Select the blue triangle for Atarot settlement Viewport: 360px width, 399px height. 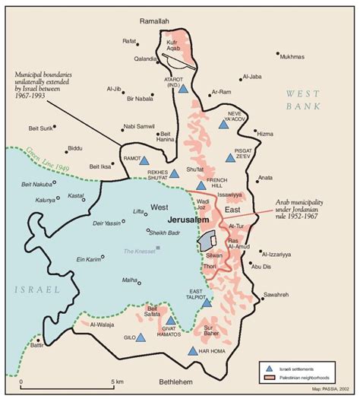pyautogui.click(x=183, y=88)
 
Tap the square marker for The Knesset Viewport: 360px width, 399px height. pyautogui.click(x=158, y=248)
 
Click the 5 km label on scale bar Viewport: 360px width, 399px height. pyautogui.click(x=115, y=382)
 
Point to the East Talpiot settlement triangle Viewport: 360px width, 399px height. pyautogui.click(x=206, y=302)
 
